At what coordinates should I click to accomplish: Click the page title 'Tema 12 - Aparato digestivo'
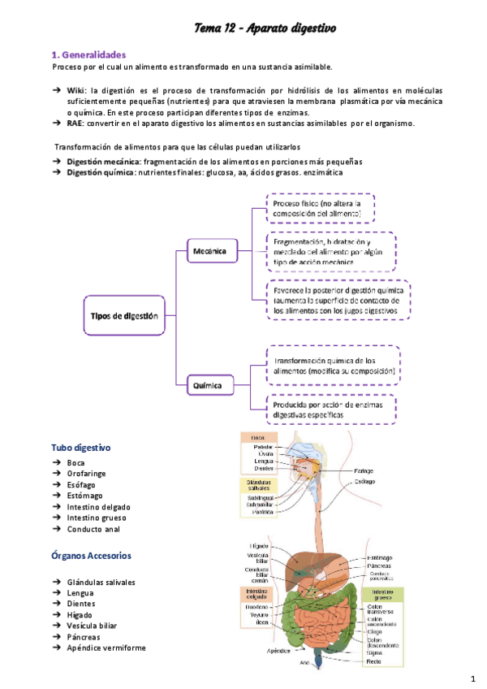(x=265, y=28)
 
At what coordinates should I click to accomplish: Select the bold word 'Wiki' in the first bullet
(x=75, y=89)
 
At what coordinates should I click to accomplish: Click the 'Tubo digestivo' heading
(x=81, y=448)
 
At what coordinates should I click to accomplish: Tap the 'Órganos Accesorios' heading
(x=91, y=556)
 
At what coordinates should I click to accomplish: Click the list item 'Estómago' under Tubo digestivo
(x=86, y=496)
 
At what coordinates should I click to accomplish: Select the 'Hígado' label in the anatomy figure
(x=258, y=545)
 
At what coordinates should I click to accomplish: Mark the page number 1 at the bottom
(x=473, y=678)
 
